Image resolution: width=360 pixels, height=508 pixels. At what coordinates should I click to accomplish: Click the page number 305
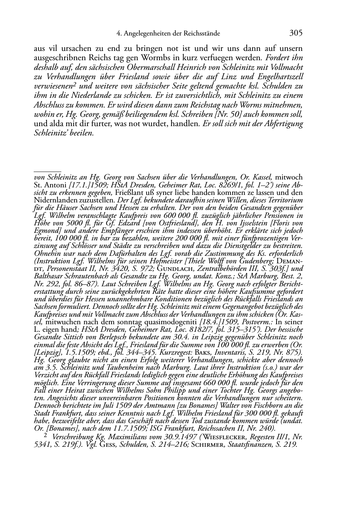pyautogui.click(x=296, y=33)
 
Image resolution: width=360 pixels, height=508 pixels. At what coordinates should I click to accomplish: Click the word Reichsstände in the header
pyautogui.click(x=202, y=34)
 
